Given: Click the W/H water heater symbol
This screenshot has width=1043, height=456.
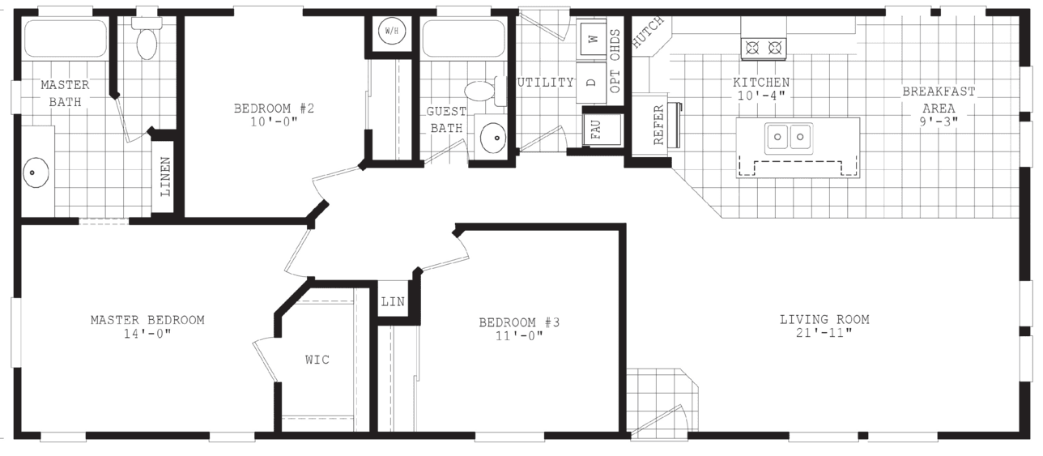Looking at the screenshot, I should tap(392, 32).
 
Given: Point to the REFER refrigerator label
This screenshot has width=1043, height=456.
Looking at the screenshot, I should tap(658, 125).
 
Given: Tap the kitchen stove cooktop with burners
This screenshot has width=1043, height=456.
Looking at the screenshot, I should tap(764, 48).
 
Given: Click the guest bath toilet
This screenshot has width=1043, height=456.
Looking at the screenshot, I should tap(482, 92).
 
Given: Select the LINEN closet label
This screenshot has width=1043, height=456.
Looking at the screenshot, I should tap(164, 177).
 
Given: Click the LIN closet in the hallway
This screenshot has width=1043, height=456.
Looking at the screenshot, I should tap(393, 302).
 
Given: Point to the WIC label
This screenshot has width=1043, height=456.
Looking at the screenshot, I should tap(317, 360).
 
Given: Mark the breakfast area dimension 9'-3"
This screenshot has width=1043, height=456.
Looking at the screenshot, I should tap(939, 121).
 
